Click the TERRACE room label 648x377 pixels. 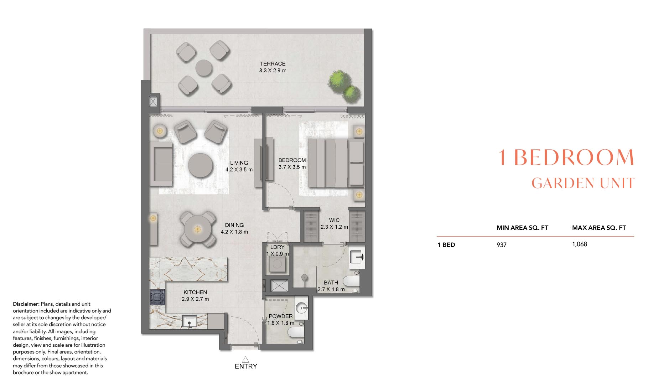273,64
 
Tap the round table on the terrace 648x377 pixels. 203,68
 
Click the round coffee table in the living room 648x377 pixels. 201,165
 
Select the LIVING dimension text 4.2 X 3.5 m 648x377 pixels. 239,170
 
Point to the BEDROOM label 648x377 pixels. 292,160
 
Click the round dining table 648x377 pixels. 197,229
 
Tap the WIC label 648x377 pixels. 334,220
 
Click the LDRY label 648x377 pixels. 277,247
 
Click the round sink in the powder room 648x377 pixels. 302,307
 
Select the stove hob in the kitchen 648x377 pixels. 157,296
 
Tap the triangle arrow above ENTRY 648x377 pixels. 245,359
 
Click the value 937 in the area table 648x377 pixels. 501,245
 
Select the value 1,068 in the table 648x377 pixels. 579,244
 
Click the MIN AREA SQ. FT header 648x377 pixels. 522,228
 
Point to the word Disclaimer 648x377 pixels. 26,304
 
